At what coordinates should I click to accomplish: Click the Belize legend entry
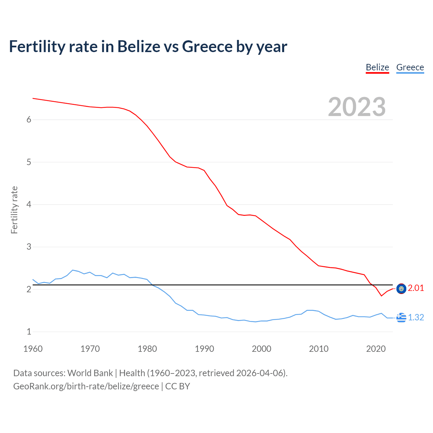pyautogui.click(x=377, y=67)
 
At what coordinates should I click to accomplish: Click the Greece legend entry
pyautogui.click(x=410, y=67)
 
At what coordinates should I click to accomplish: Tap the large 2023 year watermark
pyautogui.click(x=357, y=107)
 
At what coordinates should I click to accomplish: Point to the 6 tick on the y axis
pyautogui.click(x=29, y=119)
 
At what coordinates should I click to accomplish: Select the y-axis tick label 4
pyautogui.click(x=29, y=204)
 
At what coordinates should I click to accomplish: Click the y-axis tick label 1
pyautogui.click(x=29, y=332)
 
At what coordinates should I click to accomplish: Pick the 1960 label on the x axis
pyautogui.click(x=33, y=349)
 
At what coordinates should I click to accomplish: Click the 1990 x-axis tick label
pyautogui.click(x=204, y=349)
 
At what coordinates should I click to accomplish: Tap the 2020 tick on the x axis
pyautogui.click(x=376, y=349)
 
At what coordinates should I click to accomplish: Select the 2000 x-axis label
pyautogui.click(x=261, y=349)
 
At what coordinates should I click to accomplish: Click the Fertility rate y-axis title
pyautogui.click(x=14, y=210)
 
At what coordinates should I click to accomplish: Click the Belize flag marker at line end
pyautogui.click(x=401, y=289)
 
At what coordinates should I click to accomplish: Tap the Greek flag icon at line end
pyautogui.click(x=401, y=318)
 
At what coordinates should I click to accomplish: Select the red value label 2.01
pyautogui.click(x=416, y=288)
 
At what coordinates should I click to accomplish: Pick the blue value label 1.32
pyautogui.click(x=416, y=317)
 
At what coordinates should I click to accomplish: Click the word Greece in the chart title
pyautogui.click(x=207, y=46)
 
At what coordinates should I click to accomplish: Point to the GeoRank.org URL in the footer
pyautogui.click(x=86, y=386)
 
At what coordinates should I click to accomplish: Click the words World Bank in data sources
pyautogui.click(x=90, y=373)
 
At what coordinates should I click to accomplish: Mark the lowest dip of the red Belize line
pyautogui.click(x=382, y=296)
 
